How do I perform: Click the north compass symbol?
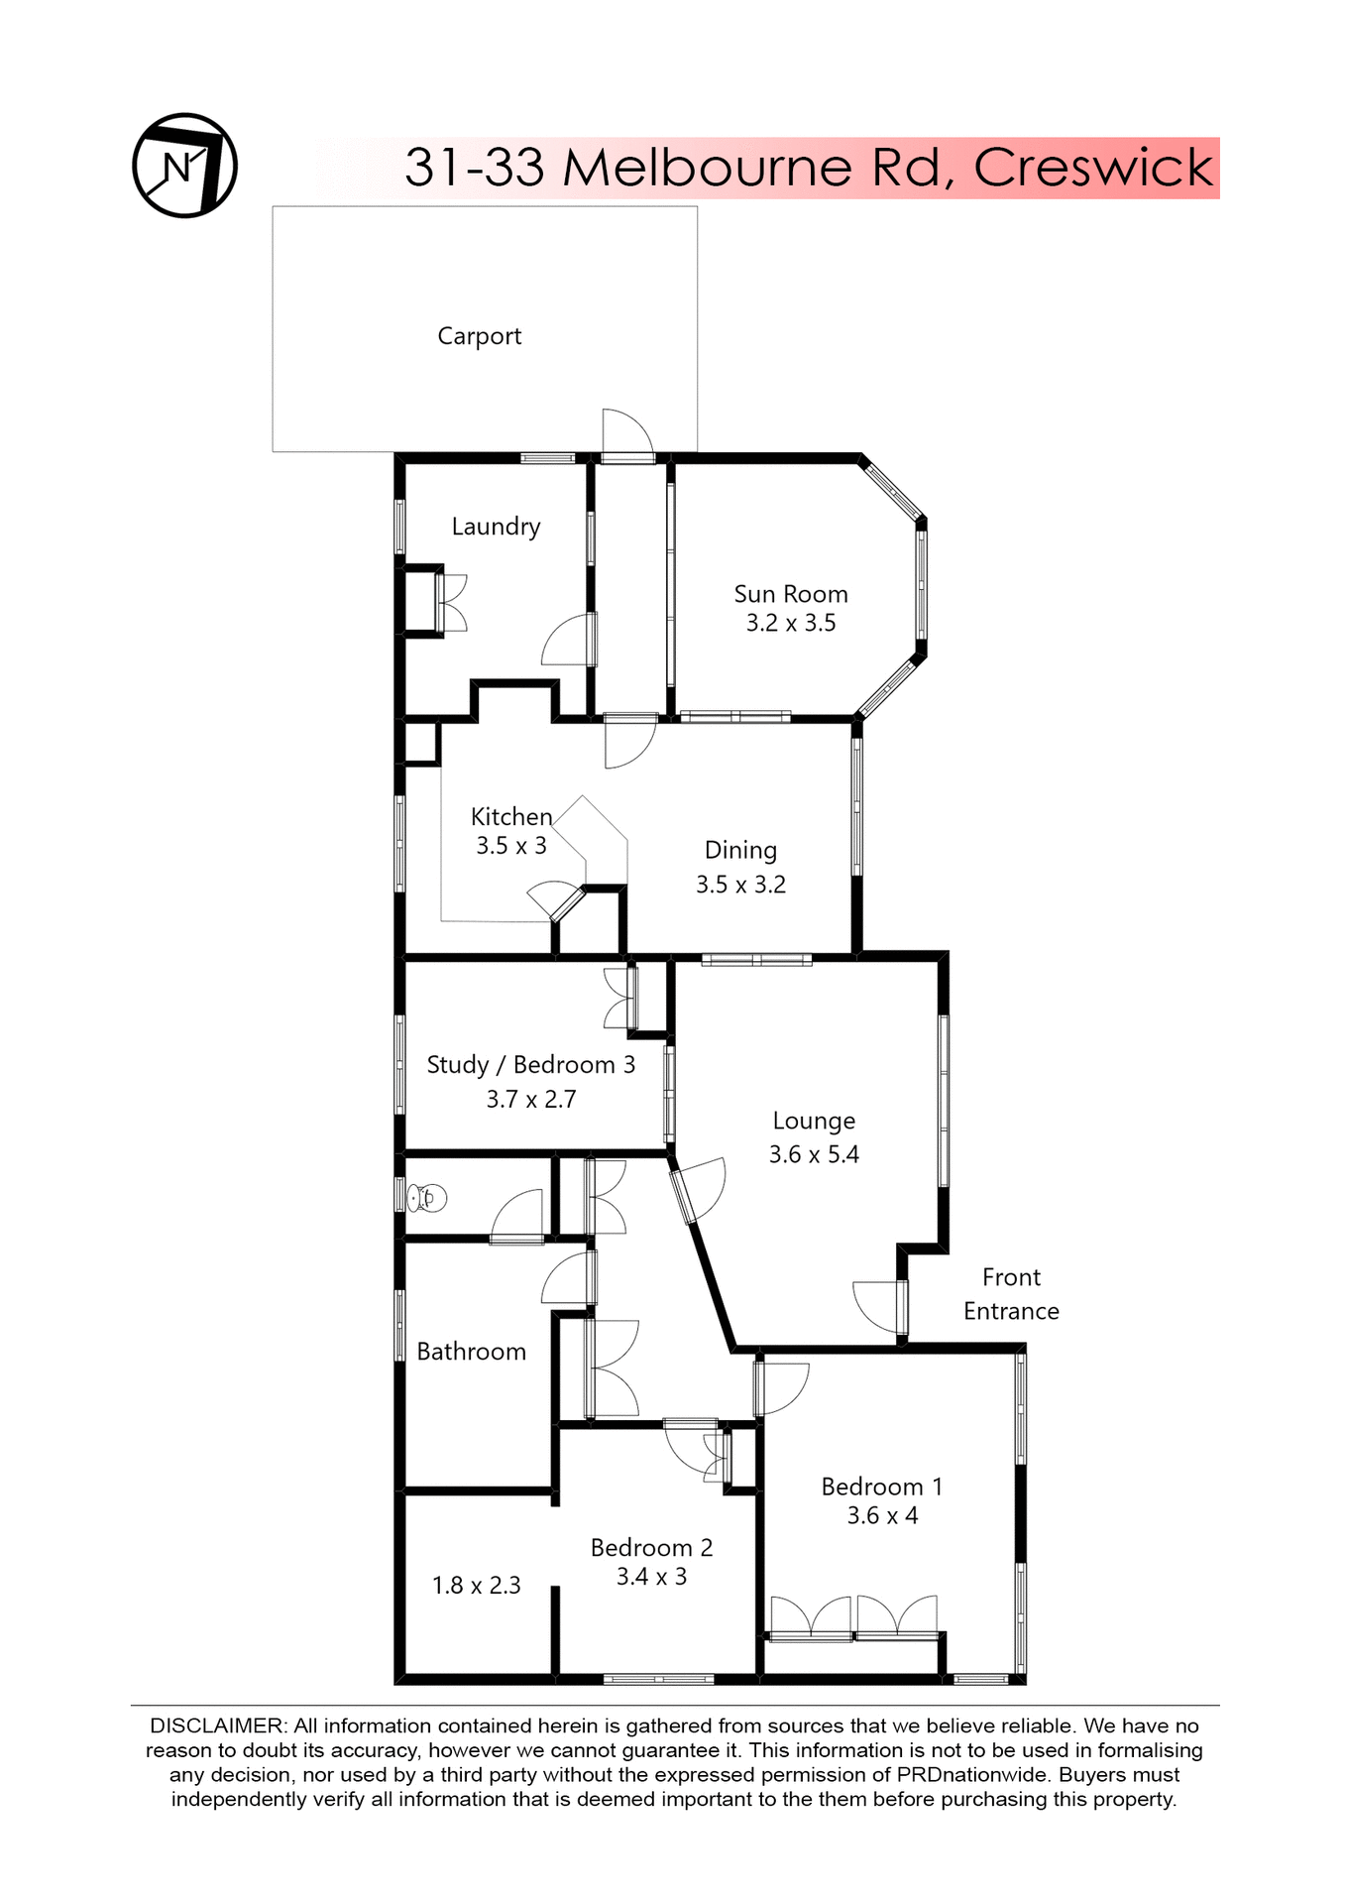pyautogui.click(x=184, y=166)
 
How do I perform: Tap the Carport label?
pyautogui.click(x=479, y=336)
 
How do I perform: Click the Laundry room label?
pyautogui.click(x=496, y=527)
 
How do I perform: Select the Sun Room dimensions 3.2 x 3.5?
pyautogui.click(x=790, y=624)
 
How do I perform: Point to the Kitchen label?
pyautogui.click(x=510, y=817)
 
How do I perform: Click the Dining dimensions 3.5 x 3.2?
pyautogui.click(x=740, y=885)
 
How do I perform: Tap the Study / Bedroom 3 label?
pyautogui.click(x=530, y=1065)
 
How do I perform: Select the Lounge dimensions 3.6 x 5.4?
pyautogui.click(x=814, y=1154)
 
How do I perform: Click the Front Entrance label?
pyautogui.click(x=1011, y=1294)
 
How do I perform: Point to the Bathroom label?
pyautogui.click(x=471, y=1352)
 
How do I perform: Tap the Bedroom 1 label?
pyautogui.click(x=881, y=1487)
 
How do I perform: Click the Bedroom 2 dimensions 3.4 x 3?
pyautogui.click(x=651, y=1577)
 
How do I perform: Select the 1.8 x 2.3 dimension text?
pyautogui.click(x=476, y=1586)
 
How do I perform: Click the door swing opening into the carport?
pyautogui.click(x=626, y=432)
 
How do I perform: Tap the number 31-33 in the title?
pyautogui.click(x=474, y=167)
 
